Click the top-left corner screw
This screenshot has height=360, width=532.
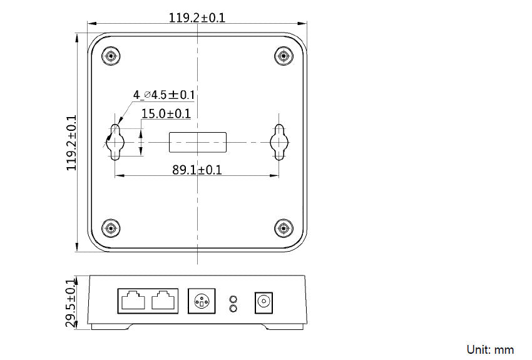111,56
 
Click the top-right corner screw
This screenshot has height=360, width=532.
284,56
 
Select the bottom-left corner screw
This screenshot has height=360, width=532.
111,229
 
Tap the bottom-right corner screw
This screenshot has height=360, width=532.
284,229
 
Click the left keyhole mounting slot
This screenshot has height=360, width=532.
115,142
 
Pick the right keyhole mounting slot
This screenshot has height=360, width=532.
279,142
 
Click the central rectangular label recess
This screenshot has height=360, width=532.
198,142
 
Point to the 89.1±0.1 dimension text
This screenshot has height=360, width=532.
197,170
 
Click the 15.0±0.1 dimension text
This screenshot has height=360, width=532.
166,114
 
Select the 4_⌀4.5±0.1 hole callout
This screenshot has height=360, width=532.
164,95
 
